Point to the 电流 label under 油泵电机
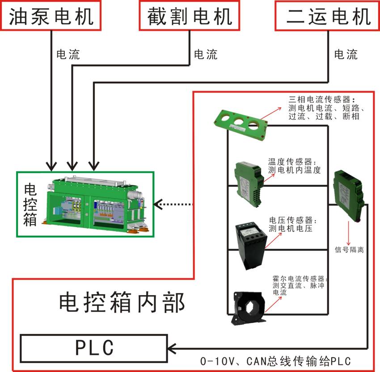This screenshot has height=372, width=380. click(x=68, y=54)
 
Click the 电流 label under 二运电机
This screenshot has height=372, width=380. click(x=346, y=54)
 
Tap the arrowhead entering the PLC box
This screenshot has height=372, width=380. click(x=172, y=347)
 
